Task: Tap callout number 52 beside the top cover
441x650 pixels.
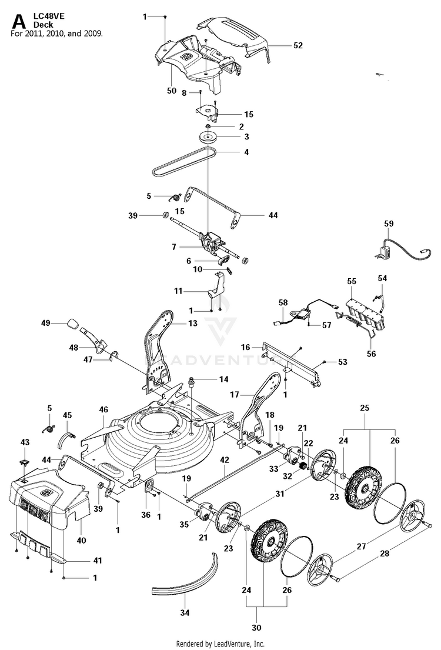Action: tap(298, 45)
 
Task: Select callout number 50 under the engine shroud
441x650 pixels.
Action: tap(172, 91)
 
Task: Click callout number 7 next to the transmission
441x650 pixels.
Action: tap(174, 247)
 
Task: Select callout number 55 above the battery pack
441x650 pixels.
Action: tap(352, 281)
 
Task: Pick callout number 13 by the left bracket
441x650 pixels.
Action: tap(193, 323)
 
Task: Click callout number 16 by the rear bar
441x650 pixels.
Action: tap(245, 347)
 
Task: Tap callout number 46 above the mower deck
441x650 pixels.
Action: tap(103, 409)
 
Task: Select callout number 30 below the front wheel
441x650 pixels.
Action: tap(256, 627)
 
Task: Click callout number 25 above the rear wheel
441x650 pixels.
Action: tap(365, 408)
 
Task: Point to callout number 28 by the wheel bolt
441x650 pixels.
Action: tap(385, 553)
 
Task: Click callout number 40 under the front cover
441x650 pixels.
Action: tap(81, 540)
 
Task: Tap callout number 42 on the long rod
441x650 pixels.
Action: tap(224, 460)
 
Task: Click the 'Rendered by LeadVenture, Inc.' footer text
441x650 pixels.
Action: tap(220, 644)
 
